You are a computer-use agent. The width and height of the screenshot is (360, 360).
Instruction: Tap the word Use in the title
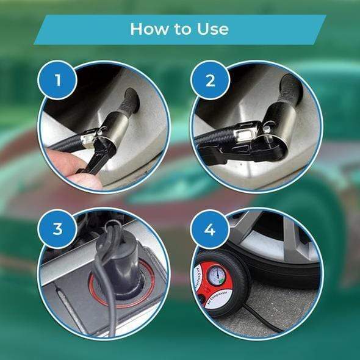[213, 29]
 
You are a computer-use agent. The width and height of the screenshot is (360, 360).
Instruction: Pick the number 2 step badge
[209, 79]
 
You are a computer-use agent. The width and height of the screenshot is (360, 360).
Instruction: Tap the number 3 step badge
[57, 229]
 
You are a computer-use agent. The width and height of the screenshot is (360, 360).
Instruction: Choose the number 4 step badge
[209, 229]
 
